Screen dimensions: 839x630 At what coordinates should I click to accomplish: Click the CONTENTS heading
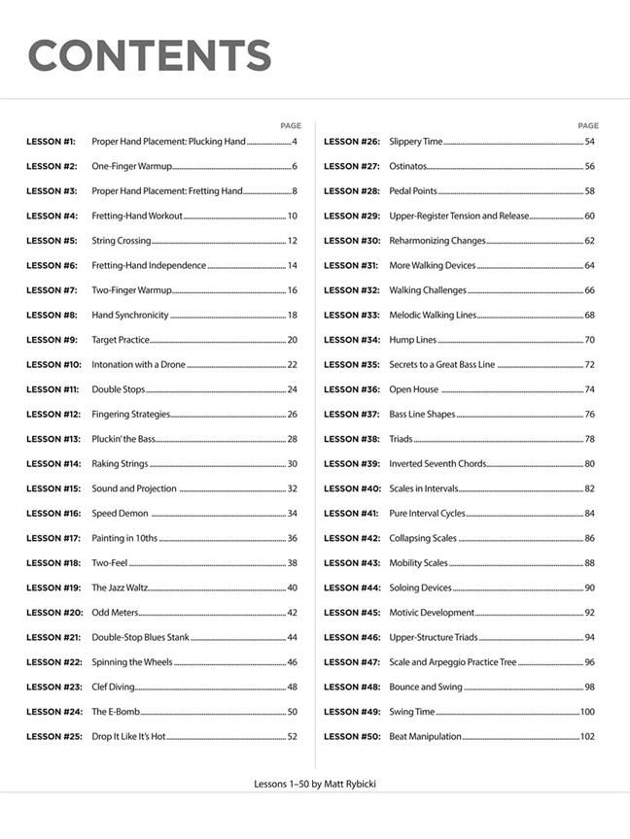point(149,55)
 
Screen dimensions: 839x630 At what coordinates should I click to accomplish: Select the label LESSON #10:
point(53,364)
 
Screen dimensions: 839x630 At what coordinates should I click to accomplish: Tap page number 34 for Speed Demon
point(292,513)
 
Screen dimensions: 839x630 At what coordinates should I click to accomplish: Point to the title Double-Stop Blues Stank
point(140,637)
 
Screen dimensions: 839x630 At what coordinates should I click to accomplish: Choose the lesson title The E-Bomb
point(113,712)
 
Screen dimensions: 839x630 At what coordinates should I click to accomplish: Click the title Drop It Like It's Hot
point(128,736)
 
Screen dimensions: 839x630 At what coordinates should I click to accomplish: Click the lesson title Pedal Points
point(413,191)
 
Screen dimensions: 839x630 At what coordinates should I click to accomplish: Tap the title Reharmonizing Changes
point(437,241)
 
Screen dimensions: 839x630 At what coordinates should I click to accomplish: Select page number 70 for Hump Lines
point(589,340)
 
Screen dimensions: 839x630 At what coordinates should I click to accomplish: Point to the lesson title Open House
point(413,389)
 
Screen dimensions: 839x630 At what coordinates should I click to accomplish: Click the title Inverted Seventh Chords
point(437,463)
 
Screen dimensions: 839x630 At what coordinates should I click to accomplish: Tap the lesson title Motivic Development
point(432,613)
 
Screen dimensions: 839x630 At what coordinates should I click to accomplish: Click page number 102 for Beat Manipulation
point(586,736)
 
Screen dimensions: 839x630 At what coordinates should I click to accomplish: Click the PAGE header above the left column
point(291,125)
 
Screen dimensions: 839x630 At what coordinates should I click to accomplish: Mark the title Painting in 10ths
point(124,538)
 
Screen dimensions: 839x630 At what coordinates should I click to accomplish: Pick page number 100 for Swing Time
point(586,712)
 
